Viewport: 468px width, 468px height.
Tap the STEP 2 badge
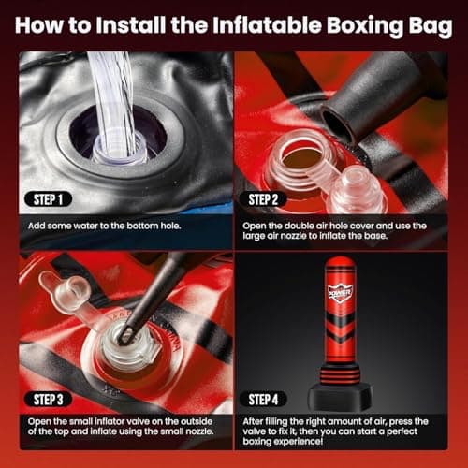click(x=273, y=198)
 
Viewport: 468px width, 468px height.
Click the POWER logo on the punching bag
click(x=340, y=292)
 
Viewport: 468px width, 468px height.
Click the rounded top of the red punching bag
click(x=340, y=264)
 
